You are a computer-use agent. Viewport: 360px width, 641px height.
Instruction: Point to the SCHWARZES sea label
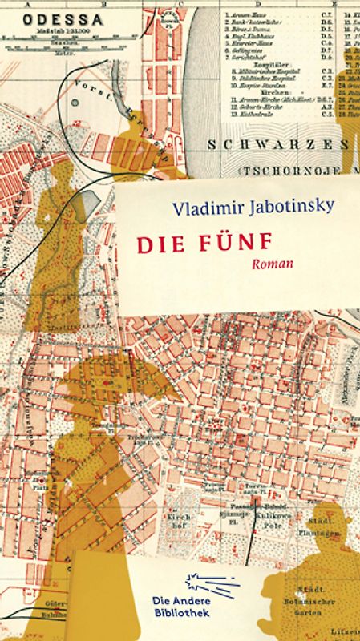click(x=277, y=145)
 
